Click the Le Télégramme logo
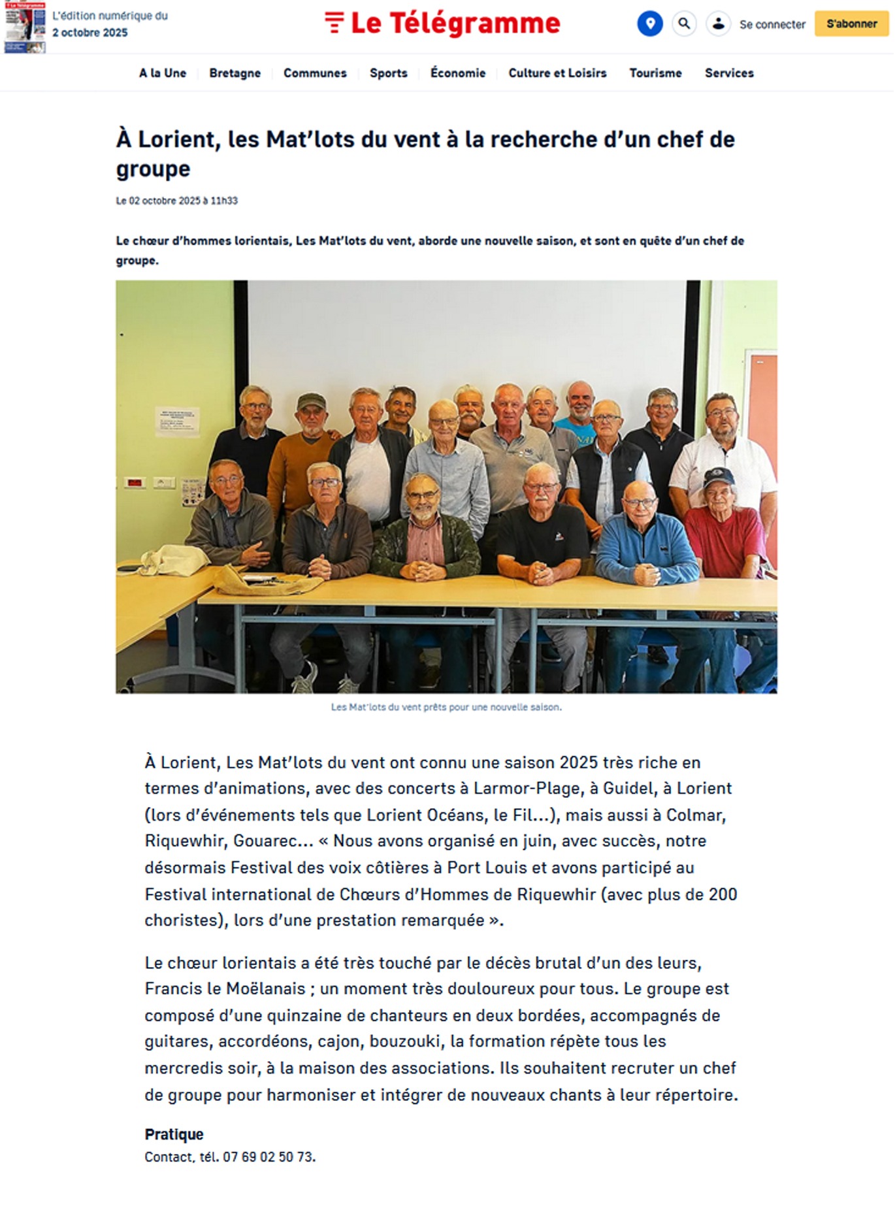pyautogui.click(x=442, y=24)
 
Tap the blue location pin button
pyautogui.click(x=649, y=24)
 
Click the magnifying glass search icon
pyautogui.click(x=684, y=24)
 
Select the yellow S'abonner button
pyautogui.click(x=851, y=24)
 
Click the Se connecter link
pyautogui.click(x=772, y=25)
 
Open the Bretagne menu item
pyautogui.click(x=235, y=73)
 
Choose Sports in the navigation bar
pyautogui.click(x=388, y=73)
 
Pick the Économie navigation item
pyautogui.click(x=457, y=73)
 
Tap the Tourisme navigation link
pyautogui.click(x=655, y=73)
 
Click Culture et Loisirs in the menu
pyautogui.click(x=557, y=73)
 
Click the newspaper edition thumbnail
pyautogui.click(x=25, y=27)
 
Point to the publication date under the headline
pyautogui.click(x=176, y=201)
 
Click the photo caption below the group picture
pyautogui.click(x=446, y=707)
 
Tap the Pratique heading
pyautogui.click(x=174, y=1134)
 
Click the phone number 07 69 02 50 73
pyautogui.click(x=268, y=1157)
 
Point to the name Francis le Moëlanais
pyautogui.click(x=225, y=989)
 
